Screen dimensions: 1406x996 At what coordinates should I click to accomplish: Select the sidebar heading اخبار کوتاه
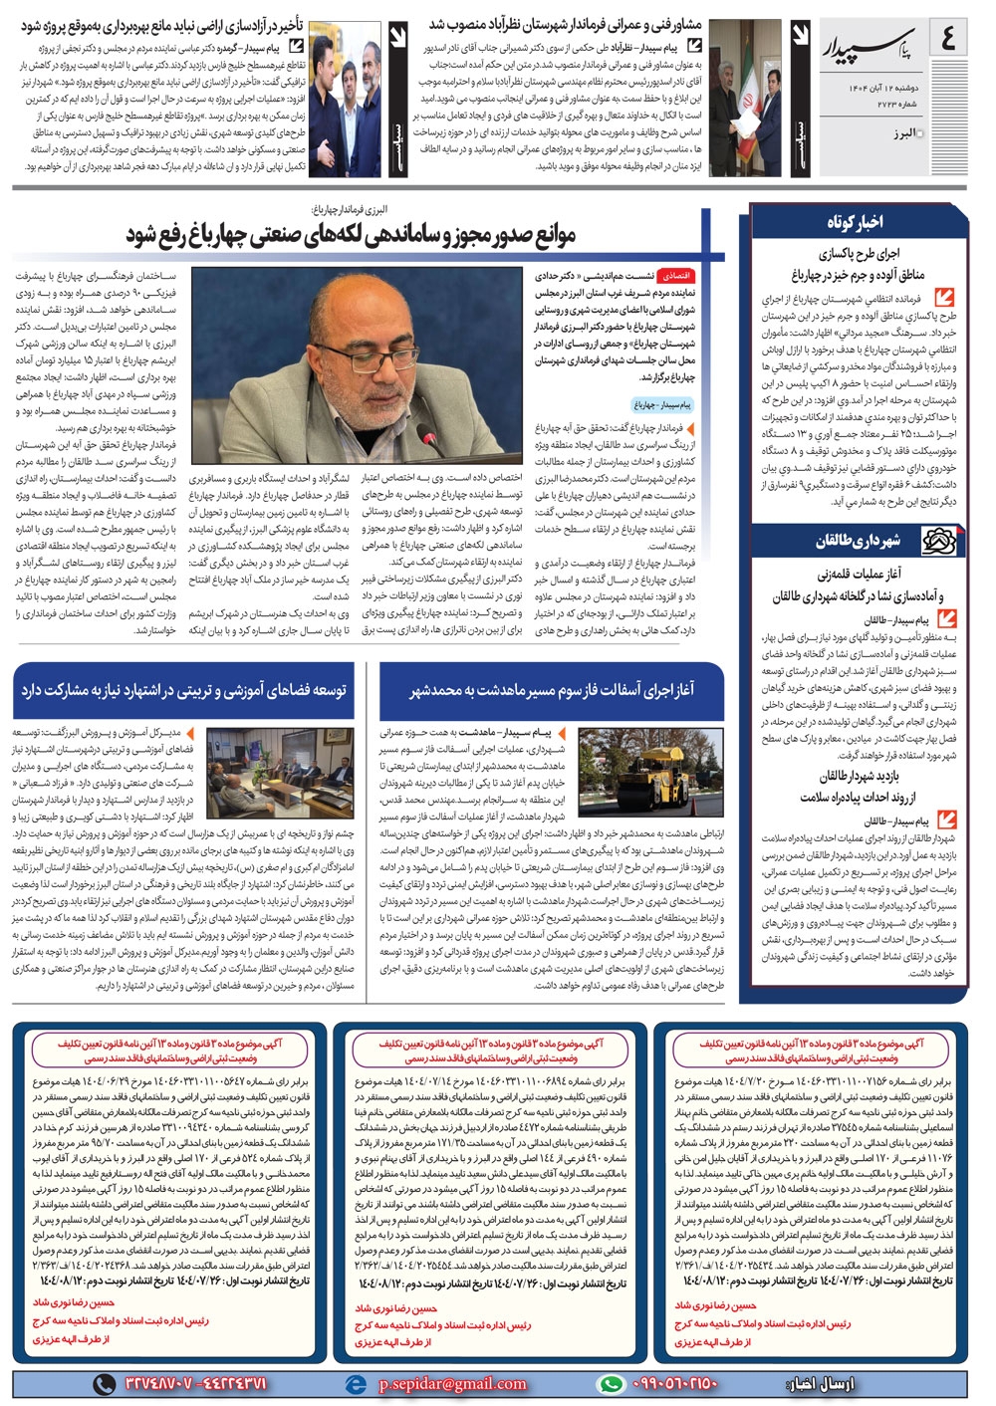[x=855, y=221]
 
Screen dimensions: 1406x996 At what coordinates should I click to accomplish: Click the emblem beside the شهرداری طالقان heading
[x=938, y=541]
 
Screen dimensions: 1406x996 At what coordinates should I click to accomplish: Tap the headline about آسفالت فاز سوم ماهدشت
[x=552, y=689]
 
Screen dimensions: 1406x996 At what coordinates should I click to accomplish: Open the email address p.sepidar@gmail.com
[x=452, y=1384]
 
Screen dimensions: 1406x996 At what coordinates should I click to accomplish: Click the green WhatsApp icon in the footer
[x=610, y=1384]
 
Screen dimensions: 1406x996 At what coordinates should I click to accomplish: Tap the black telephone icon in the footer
[x=104, y=1384]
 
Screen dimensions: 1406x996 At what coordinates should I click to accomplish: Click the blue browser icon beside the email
[x=356, y=1384]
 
